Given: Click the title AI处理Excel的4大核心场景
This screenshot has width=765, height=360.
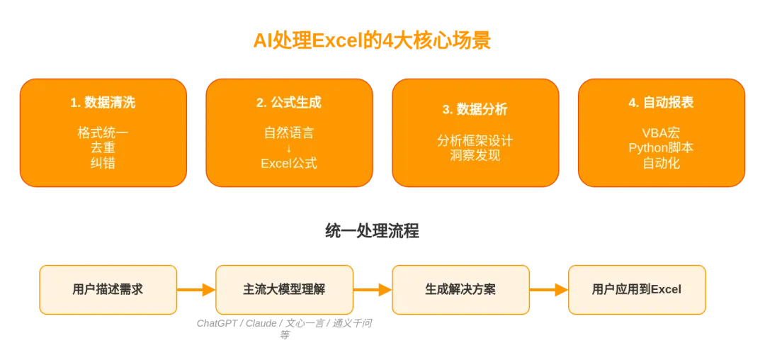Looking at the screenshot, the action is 372,40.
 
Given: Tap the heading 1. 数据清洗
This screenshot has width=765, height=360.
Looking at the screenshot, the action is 103,103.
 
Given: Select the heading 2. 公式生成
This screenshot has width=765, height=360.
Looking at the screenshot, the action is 289,103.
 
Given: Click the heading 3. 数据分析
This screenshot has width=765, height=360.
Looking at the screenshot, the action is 475,109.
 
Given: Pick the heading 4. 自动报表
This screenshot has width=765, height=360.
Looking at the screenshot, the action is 661,103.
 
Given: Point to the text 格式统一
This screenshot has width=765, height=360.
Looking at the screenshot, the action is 103,133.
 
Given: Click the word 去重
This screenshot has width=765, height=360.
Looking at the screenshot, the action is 103,148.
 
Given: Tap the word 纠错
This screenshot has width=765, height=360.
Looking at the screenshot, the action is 103,163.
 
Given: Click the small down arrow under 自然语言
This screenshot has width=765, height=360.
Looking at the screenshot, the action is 289,148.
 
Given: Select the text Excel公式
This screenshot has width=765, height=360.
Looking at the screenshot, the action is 289,163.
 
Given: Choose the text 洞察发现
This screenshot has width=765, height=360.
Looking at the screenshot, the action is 475,156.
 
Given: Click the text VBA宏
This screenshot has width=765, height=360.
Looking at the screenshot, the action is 661,133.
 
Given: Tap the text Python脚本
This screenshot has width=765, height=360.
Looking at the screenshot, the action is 661,148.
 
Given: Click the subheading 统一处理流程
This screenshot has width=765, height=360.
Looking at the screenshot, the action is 372,231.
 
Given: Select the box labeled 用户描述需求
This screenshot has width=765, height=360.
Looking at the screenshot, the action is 108,290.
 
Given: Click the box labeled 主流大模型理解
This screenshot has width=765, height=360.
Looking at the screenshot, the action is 285,290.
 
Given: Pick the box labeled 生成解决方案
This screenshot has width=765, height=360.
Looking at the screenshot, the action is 460,290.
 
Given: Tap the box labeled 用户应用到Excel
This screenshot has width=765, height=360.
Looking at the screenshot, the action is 637,290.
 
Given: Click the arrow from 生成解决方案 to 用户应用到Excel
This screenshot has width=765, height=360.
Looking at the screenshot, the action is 549,290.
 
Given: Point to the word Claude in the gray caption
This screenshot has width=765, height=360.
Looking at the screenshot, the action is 261,323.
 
